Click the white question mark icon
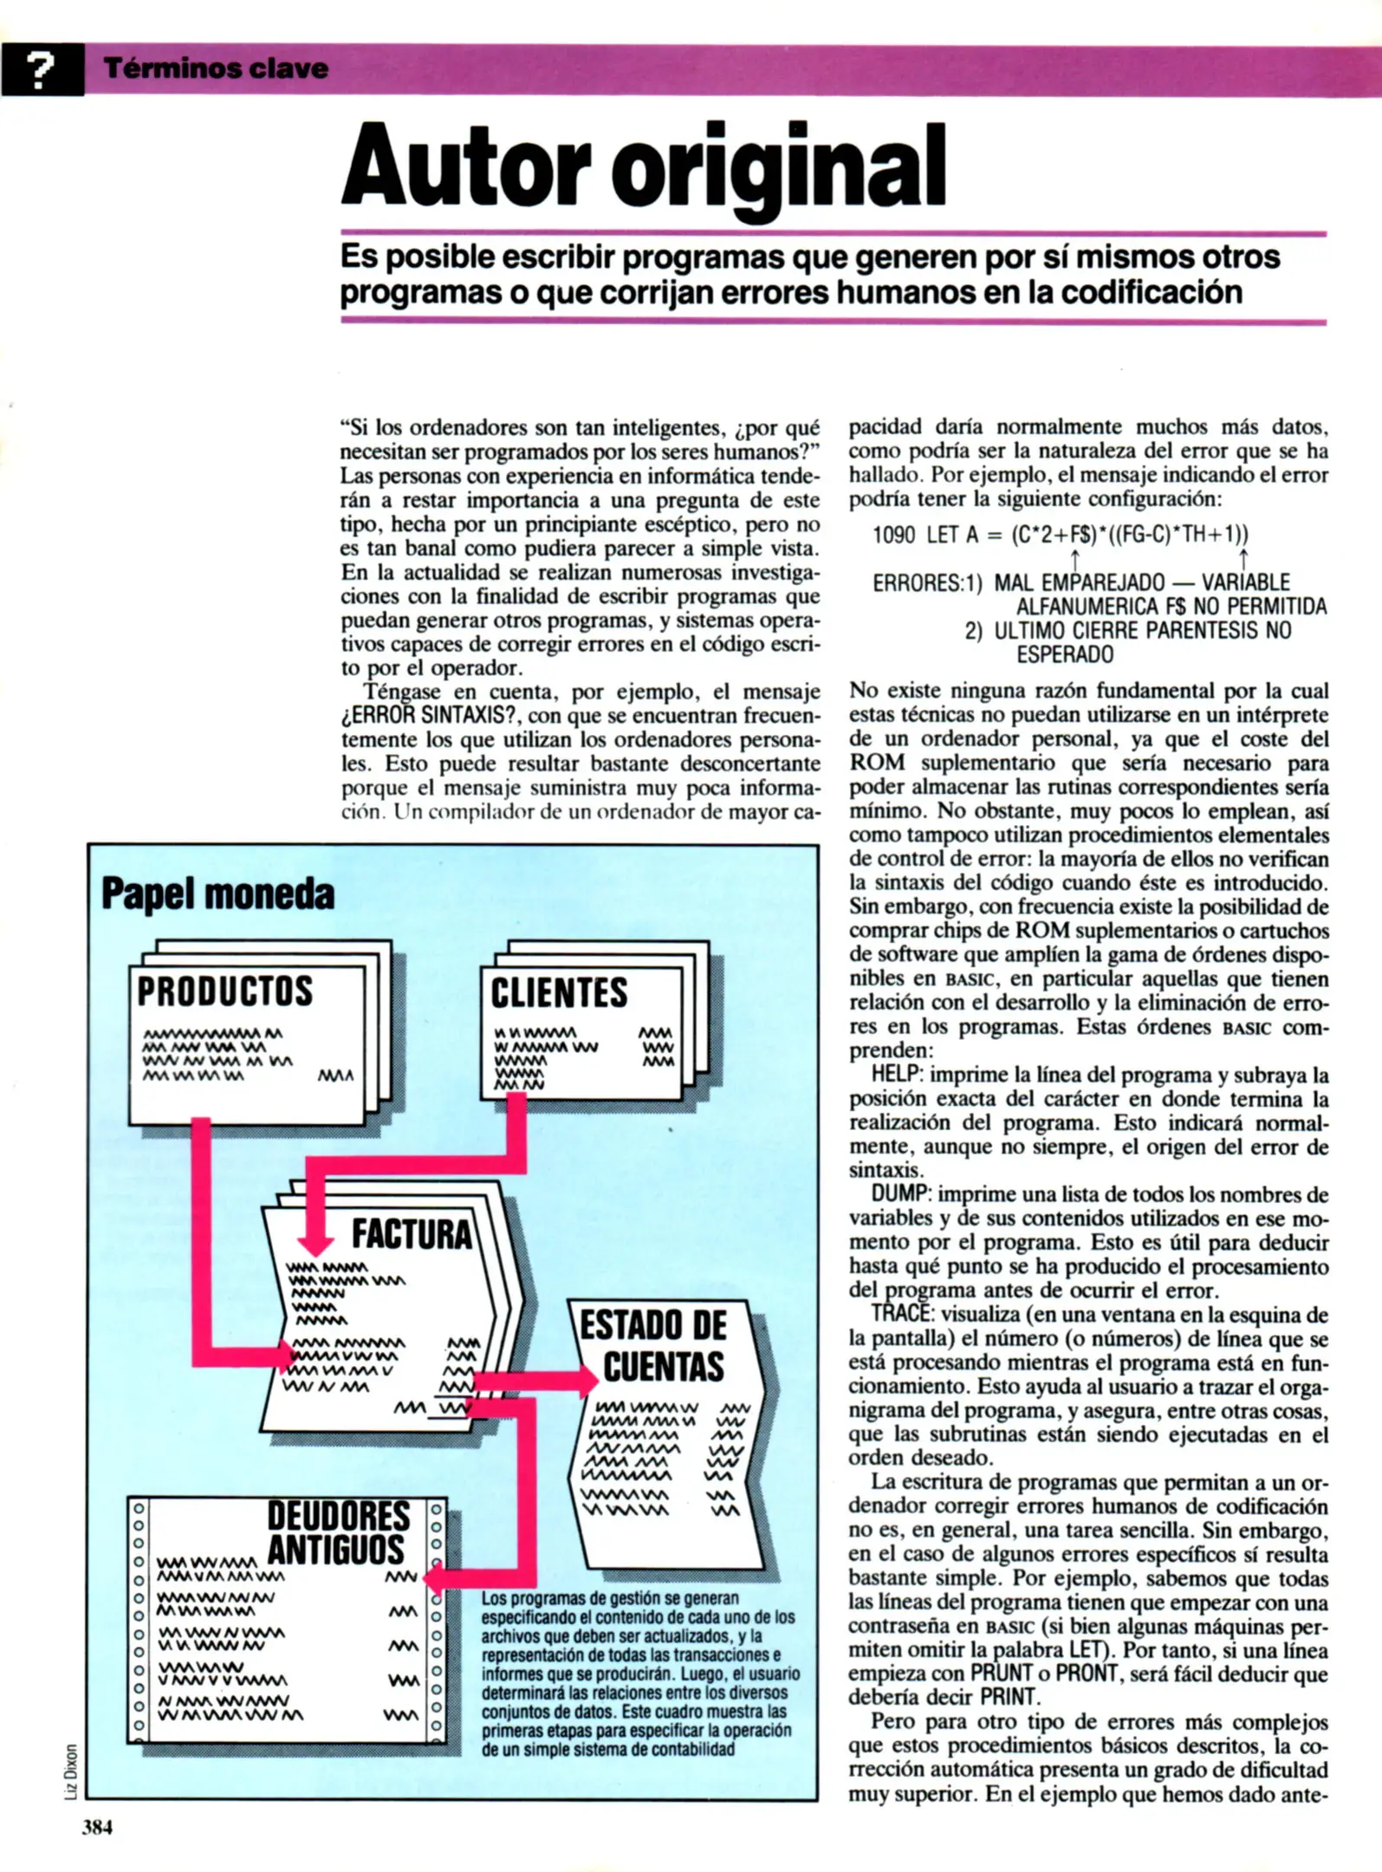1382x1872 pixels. [40, 70]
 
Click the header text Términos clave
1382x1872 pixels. [216, 68]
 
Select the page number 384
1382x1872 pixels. [97, 1828]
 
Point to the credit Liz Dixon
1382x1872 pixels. [71, 1770]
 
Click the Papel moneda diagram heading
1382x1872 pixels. [217, 894]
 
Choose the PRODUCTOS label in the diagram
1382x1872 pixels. [224, 991]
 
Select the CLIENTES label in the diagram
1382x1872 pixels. [559, 993]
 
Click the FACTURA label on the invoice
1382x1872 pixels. [411, 1234]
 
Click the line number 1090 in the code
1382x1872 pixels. [893, 535]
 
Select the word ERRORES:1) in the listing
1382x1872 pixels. [927, 583]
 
